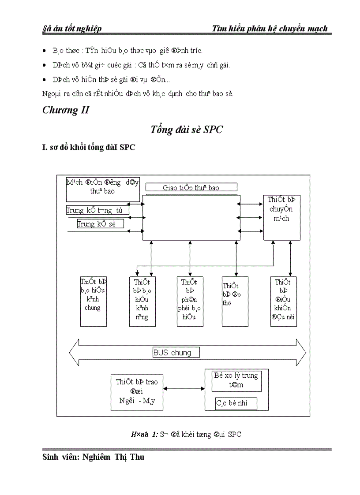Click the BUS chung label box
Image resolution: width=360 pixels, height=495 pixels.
[176, 352]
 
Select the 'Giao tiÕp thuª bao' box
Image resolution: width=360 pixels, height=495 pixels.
[191, 187]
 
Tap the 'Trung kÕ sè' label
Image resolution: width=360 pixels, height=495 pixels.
[100, 223]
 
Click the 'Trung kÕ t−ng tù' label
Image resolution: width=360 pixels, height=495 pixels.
[97, 210]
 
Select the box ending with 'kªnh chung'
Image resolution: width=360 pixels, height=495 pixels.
[93, 301]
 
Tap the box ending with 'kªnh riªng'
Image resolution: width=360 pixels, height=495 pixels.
[142, 301]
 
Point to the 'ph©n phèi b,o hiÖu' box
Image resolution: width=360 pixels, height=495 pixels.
[190, 301]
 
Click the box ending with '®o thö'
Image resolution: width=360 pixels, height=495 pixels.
[234, 301]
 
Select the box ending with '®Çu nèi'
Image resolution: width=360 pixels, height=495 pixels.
[283, 301]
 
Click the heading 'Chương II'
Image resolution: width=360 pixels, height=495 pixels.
[66, 110]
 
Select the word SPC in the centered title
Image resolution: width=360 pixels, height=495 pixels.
[214, 130]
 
